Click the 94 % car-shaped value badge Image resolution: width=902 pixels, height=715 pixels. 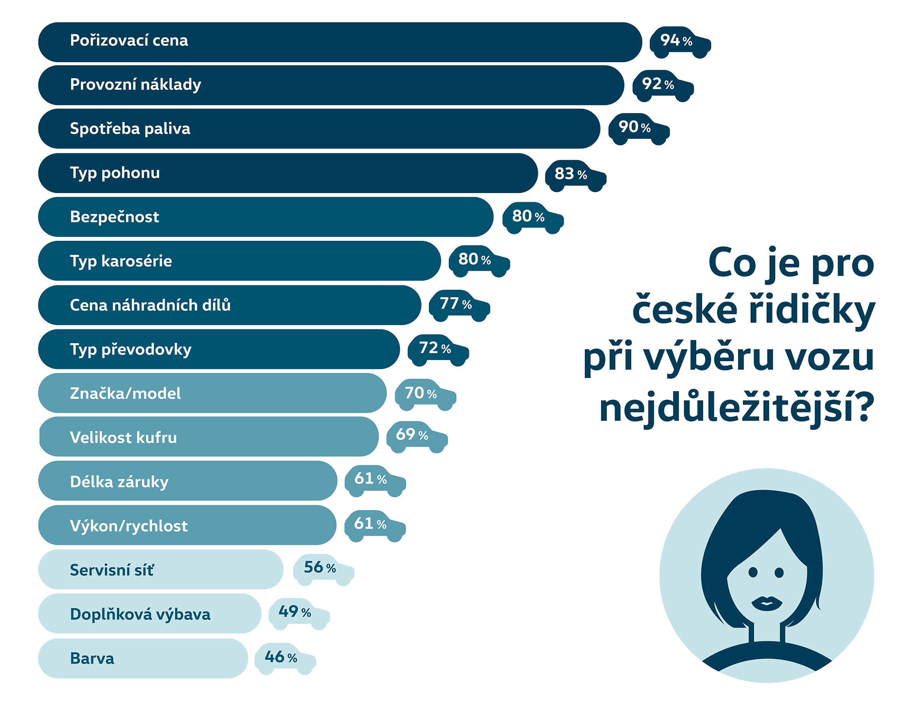680,42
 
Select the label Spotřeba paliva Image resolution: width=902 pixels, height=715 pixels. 130,129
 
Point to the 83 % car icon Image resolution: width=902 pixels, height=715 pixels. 575,175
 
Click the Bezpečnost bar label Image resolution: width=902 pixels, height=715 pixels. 114,217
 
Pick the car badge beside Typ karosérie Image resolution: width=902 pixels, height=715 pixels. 479,261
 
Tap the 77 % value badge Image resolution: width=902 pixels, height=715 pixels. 459,305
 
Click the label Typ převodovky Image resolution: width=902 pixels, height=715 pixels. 131,349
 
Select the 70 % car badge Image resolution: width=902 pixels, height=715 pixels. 425,394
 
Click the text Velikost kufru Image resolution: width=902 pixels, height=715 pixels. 123,438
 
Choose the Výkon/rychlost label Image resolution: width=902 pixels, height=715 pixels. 128,526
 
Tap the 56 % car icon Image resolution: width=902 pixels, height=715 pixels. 323,569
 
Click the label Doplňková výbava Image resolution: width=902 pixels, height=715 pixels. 140,614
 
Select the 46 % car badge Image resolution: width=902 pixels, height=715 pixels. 285,659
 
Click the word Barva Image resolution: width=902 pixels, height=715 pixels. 92,658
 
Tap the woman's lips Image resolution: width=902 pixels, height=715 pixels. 766,603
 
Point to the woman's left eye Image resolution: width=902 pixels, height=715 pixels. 753,572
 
